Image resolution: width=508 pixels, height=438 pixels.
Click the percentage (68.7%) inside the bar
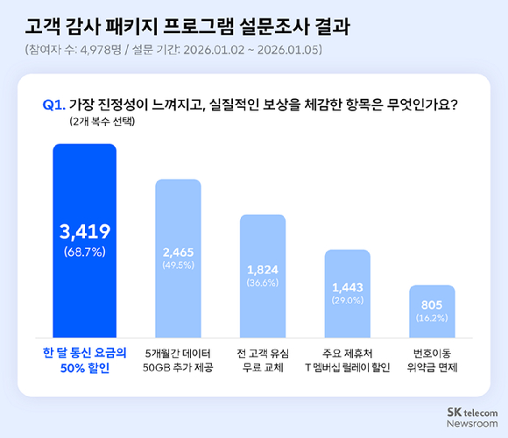click(x=84, y=252)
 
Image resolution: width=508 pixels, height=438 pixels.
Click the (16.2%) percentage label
click(x=432, y=320)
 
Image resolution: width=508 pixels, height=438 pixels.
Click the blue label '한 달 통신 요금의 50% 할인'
click(x=84, y=360)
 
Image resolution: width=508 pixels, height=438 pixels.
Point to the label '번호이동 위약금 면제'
click(x=432, y=360)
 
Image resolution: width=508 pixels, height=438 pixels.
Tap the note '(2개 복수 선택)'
click(x=102, y=123)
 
